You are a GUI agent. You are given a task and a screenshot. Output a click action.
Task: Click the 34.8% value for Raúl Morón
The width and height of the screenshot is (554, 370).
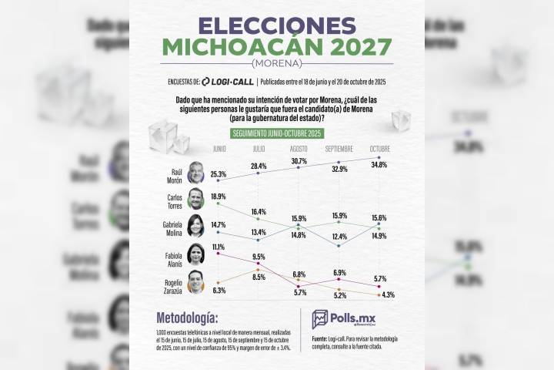pyautogui.click(x=379, y=164)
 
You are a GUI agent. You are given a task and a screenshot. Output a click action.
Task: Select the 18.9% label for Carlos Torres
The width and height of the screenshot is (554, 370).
pyautogui.click(x=219, y=197)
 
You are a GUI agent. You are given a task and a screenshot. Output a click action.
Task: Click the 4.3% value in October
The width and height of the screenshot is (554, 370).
pyautogui.click(x=379, y=295)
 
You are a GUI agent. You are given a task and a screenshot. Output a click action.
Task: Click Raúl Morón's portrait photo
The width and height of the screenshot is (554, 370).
pyautogui.click(x=198, y=175)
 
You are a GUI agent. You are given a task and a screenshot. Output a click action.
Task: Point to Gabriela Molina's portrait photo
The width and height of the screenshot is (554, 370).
pyautogui.click(x=197, y=227)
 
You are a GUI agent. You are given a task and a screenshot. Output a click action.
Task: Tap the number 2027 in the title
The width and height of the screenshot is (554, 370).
pyautogui.click(x=345, y=49)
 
